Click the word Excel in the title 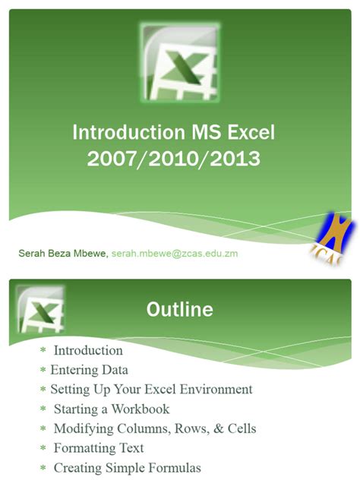coord(248,134)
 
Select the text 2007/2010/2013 coord(173,159)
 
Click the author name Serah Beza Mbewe coord(63,253)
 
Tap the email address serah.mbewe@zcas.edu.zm coord(175,253)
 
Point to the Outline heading coord(179,310)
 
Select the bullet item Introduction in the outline coord(88,351)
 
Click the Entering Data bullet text coord(89,370)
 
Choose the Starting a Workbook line coord(111,409)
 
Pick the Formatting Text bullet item coord(99,448)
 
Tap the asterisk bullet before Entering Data coord(43,371)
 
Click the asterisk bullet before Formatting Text coord(43,449)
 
